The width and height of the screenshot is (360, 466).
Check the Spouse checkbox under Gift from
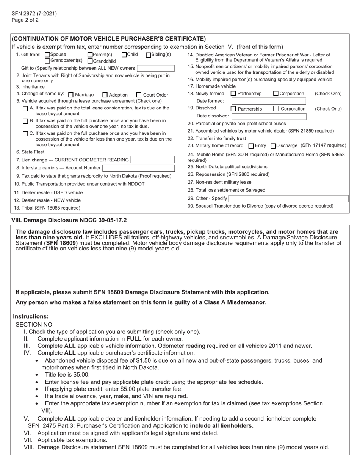pos(47,55)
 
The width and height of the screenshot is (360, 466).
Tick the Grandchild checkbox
pos(90,61)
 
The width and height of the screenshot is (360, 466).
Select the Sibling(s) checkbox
pos(149,55)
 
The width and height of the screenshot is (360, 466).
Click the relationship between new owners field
pos(155,68)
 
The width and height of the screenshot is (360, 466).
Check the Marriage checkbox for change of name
pos(71,95)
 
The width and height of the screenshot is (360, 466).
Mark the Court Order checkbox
pos(139,95)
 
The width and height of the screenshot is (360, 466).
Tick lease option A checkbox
pos(25,108)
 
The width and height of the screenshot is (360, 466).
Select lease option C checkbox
pos(25,134)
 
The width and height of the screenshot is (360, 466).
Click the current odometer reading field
pos(152,160)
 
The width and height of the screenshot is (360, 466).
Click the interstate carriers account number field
pos(138,168)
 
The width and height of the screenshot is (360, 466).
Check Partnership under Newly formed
pos(233,94)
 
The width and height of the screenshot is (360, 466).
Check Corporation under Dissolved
pos(276,109)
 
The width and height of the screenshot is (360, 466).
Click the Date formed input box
pos(269,101)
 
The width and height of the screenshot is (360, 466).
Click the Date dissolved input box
pos(269,116)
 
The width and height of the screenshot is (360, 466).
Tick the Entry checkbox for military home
pos(251,146)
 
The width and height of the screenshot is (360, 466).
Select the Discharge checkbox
pos(274,146)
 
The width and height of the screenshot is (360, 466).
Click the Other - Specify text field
pos(288,199)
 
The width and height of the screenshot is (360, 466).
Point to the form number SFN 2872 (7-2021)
pos(34,14)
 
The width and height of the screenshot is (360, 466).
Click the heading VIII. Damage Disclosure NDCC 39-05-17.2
pos(69,220)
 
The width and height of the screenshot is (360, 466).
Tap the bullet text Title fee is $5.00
pos(67,374)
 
